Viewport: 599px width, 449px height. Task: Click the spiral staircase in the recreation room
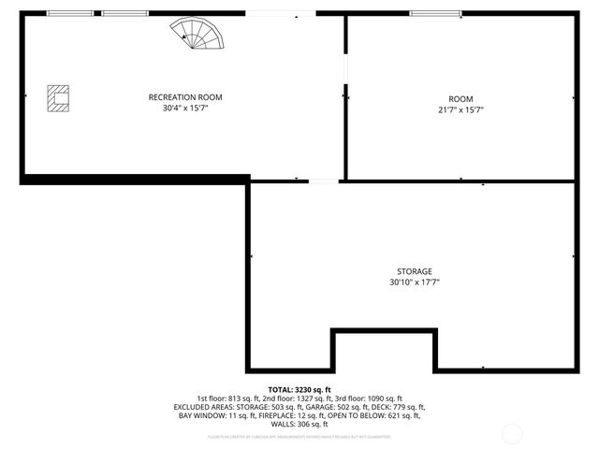click(198, 36)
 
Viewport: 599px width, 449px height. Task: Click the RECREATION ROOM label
click(185, 97)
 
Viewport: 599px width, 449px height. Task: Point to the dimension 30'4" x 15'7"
click(185, 109)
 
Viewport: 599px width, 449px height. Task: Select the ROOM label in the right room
click(460, 99)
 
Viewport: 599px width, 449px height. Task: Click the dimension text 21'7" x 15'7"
click(460, 109)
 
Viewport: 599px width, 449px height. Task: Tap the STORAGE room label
click(415, 270)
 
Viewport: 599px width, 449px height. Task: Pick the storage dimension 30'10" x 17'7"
click(415, 282)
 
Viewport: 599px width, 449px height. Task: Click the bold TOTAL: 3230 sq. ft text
click(299, 389)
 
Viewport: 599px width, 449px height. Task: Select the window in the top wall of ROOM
click(435, 13)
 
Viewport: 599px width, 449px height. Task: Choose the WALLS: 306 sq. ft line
click(299, 424)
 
